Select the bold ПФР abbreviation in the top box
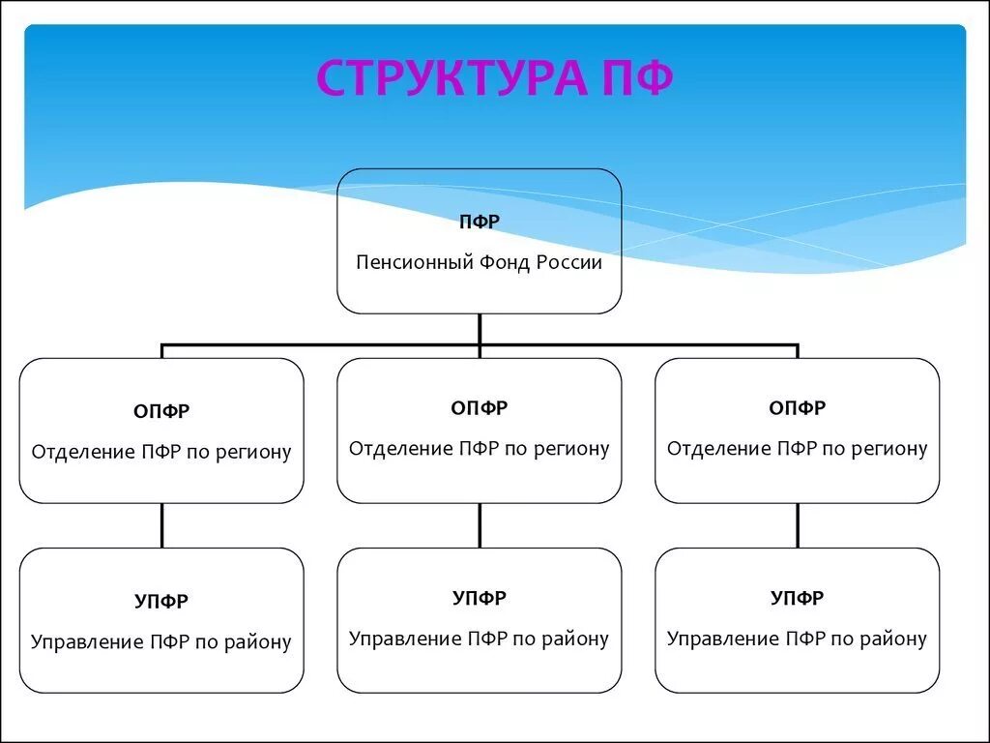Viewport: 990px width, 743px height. point(479,223)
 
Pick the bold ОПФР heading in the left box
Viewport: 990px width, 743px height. point(161,411)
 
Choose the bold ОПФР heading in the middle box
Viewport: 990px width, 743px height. point(479,408)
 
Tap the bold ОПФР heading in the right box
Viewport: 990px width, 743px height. point(797,408)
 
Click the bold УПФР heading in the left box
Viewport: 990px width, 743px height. point(161,601)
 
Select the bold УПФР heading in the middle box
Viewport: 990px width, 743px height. point(479,598)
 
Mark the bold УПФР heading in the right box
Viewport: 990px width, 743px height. point(797,598)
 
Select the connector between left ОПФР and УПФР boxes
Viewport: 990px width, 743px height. point(161,525)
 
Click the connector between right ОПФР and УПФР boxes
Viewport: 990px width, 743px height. point(798,525)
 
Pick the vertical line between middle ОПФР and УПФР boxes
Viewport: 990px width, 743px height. point(480,525)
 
